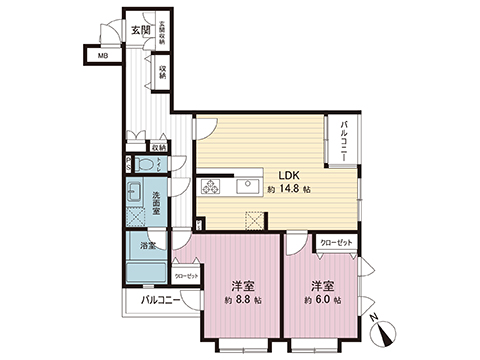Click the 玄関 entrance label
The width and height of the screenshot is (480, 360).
140,30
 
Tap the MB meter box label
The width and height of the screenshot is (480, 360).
101,57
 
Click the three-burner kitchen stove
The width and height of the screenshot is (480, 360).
213,186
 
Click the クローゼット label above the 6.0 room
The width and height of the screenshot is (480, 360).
334,243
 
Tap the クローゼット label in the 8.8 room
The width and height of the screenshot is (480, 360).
187,275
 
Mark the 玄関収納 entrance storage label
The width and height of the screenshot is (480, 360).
162,32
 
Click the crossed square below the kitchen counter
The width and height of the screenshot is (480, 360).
254,221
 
